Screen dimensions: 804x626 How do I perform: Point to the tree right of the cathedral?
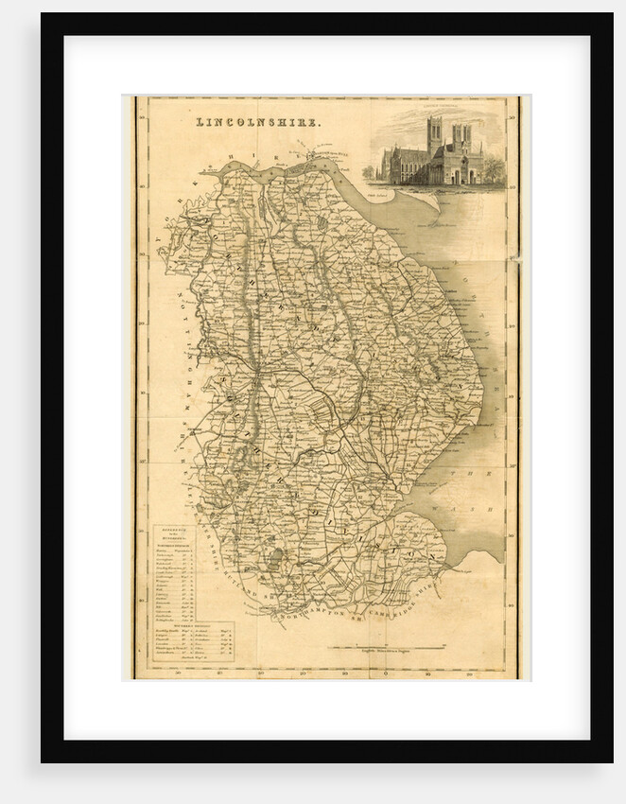click(x=494, y=169)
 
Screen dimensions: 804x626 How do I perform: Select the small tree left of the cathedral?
click(x=368, y=173)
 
